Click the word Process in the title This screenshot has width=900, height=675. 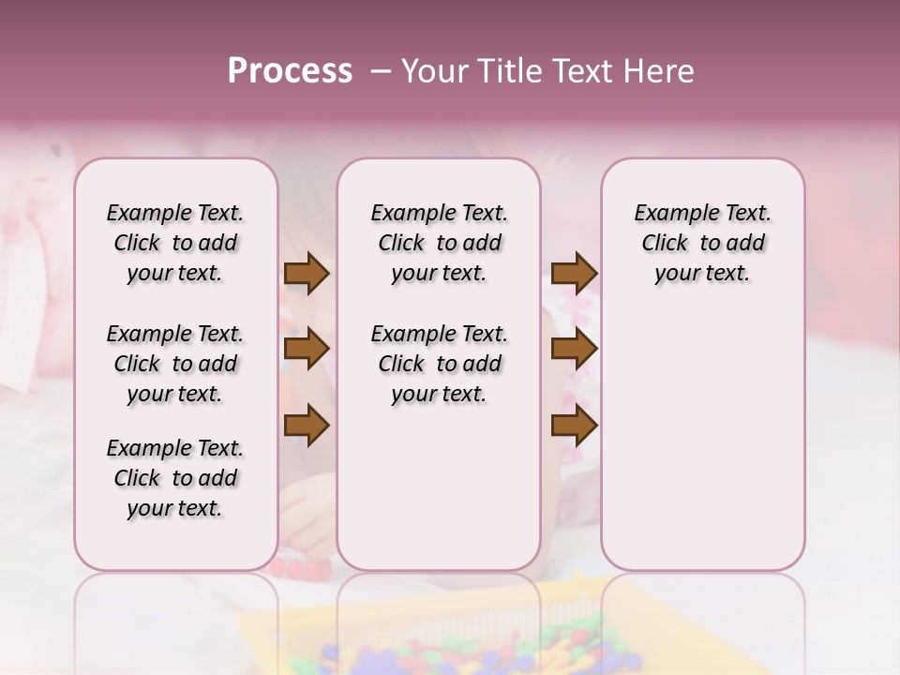(290, 71)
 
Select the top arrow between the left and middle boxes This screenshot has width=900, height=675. (307, 273)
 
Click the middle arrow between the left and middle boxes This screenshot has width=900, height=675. (307, 350)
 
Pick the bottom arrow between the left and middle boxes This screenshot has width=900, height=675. (307, 427)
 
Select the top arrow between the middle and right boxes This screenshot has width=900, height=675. (574, 273)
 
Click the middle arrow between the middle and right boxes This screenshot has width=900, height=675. (574, 350)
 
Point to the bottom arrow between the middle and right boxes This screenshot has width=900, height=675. (574, 427)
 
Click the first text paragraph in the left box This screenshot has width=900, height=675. (175, 243)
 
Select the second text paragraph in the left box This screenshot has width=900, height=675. (175, 364)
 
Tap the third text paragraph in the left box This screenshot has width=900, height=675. (175, 478)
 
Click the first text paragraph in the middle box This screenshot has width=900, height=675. (440, 243)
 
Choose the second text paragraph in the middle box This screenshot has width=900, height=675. (440, 364)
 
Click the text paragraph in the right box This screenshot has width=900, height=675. (703, 243)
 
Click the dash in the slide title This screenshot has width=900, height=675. (381, 71)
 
